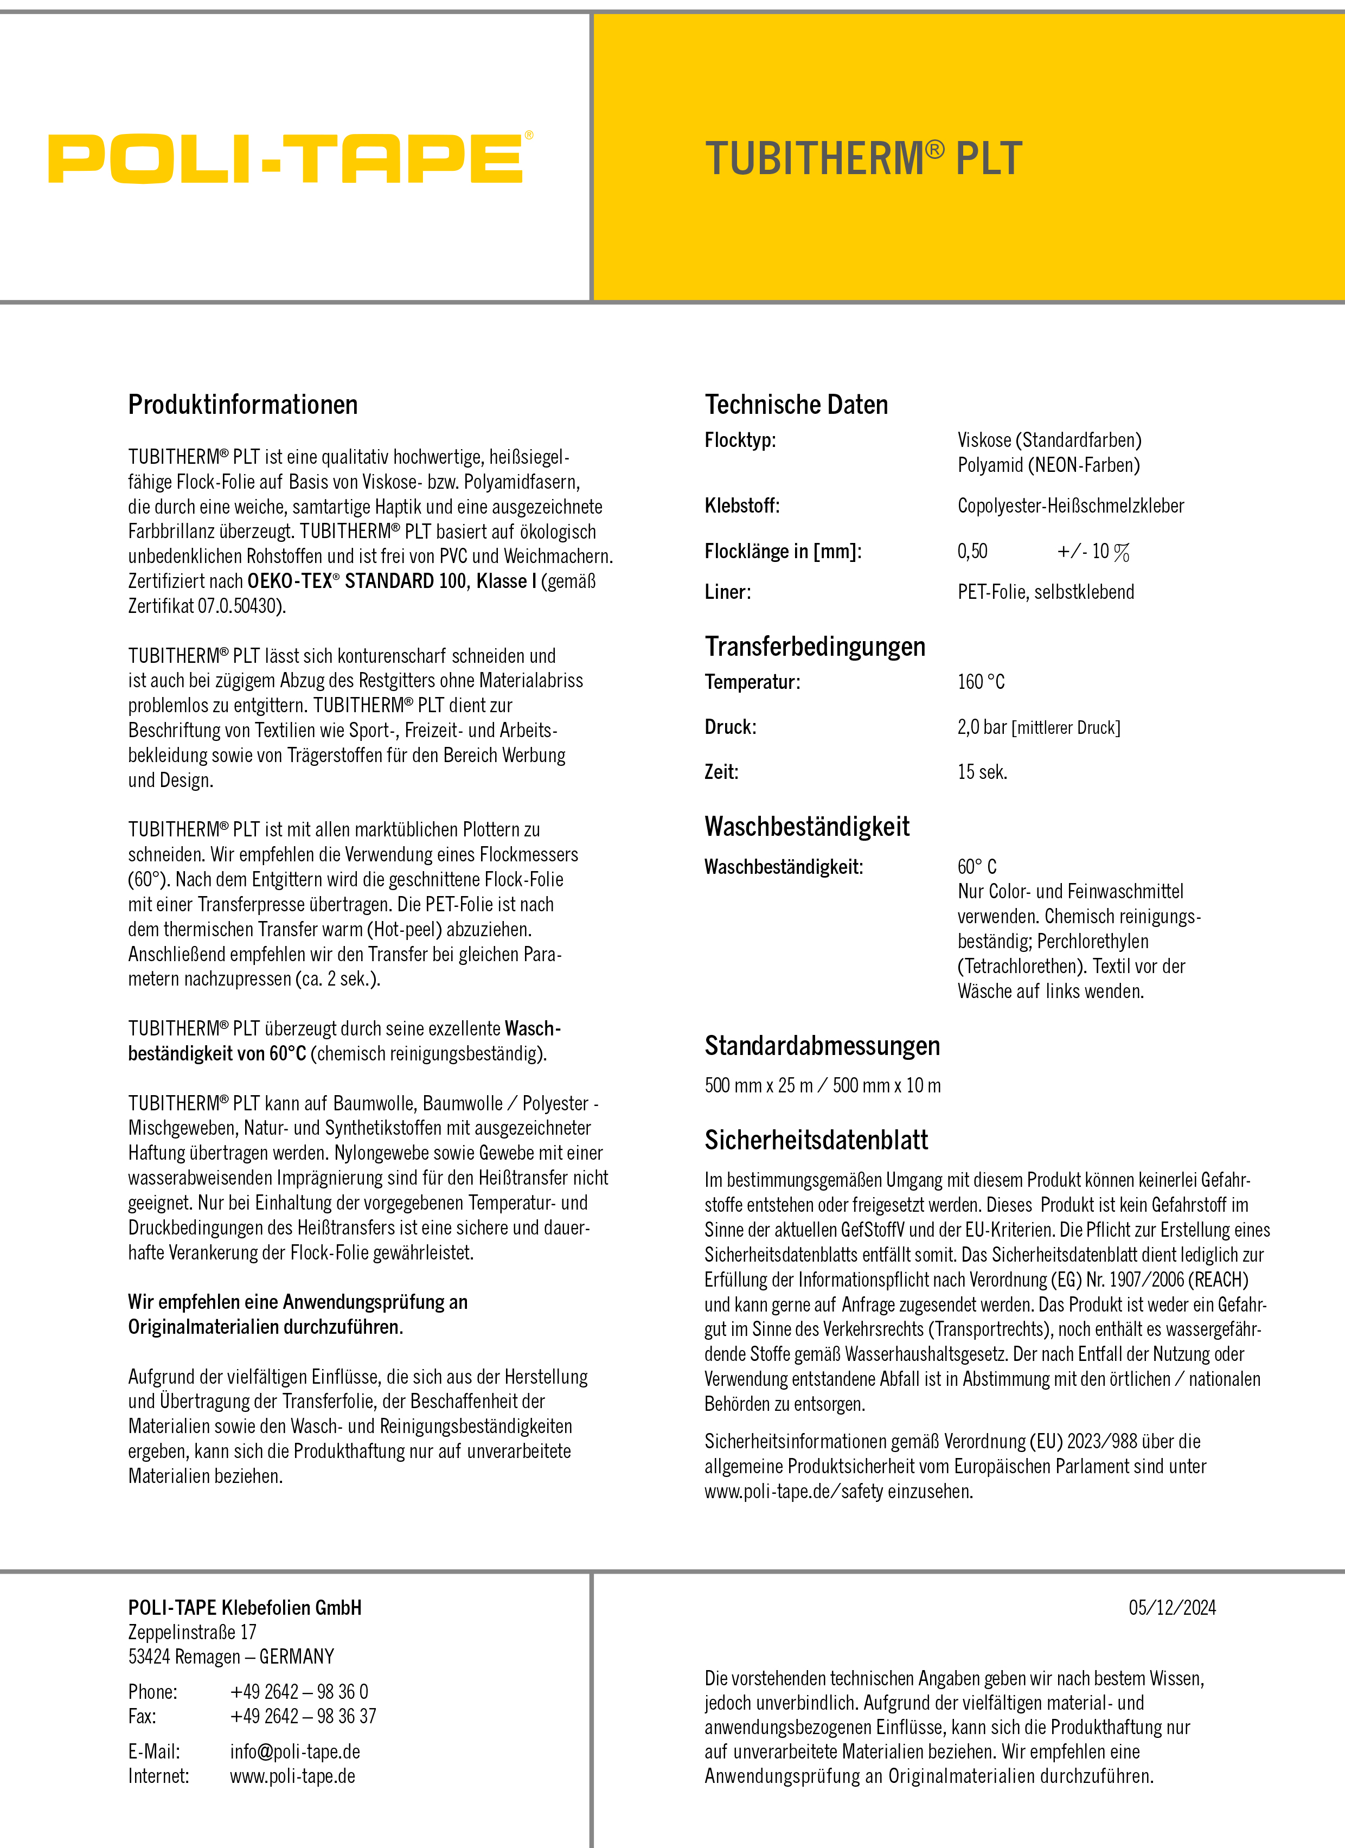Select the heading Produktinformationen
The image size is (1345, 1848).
(243, 405)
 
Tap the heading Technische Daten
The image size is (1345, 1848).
(796, 405)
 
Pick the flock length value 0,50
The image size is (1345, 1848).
(972, 552)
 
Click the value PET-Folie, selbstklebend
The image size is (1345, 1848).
(1045, 592)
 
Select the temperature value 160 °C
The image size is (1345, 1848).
(981, 682)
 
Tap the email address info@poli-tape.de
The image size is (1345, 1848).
(295, 1752)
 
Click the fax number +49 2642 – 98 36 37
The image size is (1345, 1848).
(303, 1717)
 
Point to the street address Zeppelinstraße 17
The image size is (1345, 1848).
(193, 1632)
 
